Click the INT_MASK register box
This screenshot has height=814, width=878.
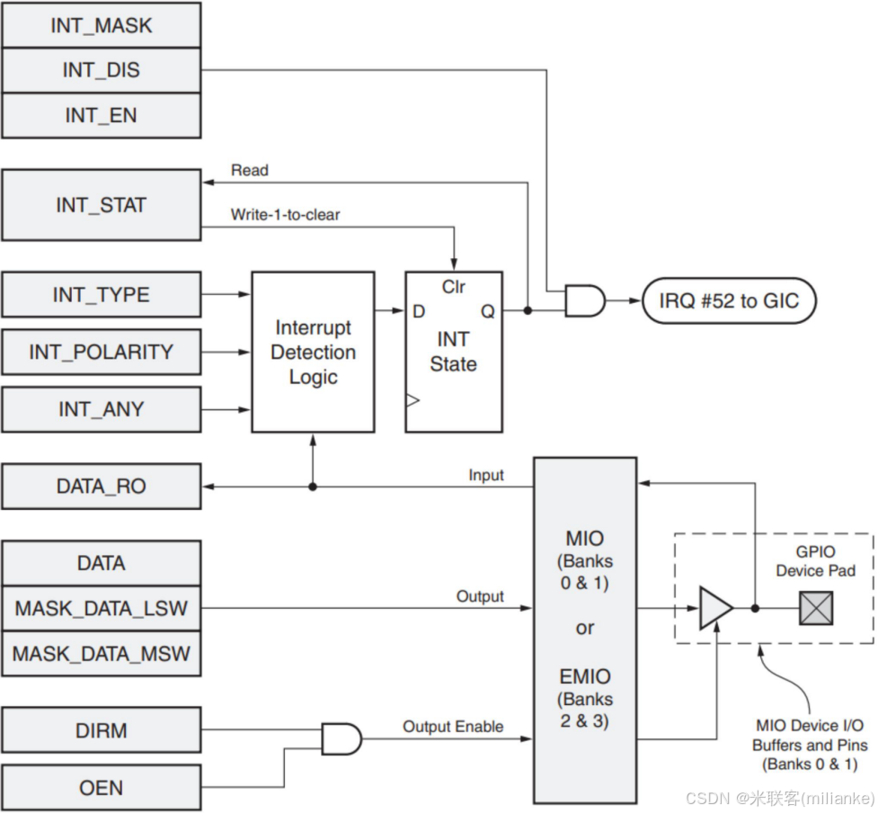tap(101, 25)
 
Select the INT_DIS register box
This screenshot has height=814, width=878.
tap(101, 70)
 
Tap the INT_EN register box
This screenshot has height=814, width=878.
tap(101, 115)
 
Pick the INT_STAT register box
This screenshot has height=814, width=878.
tap(101, 205)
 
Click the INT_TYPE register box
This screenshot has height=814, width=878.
tap(101, 294)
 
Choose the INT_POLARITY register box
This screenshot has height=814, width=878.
tap(101, 352)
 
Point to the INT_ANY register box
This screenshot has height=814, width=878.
tap(101, 409)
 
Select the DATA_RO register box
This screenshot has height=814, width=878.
tap(101, 487)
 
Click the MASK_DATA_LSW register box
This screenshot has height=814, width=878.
tap(101, 609)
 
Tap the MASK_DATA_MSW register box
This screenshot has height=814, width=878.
tap(101, 654)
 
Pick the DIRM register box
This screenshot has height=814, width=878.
tap(101, 730)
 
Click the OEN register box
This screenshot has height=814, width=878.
tap(101, 788)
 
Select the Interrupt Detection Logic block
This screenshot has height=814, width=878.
tap(313, 352)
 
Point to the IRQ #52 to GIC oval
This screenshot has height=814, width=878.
tap(729, 301)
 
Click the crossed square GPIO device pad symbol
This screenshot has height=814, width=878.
tap(816, 609)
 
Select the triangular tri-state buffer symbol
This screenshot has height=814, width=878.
tap(715, 608)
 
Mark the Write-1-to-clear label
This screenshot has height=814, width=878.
tap(285, 215)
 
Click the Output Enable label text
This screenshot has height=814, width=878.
tap(452, 727)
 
